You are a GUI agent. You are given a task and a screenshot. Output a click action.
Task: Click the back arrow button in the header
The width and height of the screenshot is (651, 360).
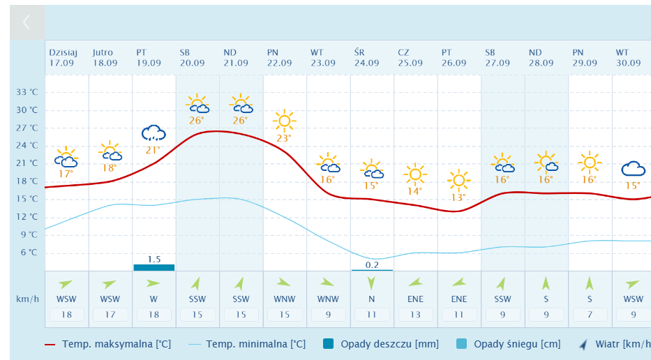click(27, 22)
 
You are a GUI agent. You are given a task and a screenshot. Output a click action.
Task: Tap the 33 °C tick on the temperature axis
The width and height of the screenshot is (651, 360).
click(27, 92)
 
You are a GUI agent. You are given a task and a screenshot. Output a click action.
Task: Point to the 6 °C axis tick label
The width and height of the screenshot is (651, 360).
click(28, 253)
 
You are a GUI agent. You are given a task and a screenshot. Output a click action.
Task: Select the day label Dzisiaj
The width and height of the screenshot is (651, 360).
click(63, 52)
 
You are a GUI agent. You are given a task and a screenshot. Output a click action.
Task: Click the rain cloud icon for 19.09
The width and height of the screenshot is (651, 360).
click(154, 133)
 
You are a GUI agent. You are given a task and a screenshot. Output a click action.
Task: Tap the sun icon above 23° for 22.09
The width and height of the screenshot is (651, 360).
click(284, 121)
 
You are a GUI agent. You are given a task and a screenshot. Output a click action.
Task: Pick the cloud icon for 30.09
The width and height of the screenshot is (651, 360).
click(633, 169)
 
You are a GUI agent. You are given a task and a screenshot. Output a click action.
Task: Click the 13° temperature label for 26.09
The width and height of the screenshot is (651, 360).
click(458, 197)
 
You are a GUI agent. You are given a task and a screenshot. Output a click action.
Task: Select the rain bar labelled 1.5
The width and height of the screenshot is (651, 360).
click(154, 267)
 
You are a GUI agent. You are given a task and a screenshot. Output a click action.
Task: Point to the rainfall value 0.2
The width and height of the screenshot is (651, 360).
click(372, 264)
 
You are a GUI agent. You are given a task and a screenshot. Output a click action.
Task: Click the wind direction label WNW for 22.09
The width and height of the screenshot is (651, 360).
click(284, 299)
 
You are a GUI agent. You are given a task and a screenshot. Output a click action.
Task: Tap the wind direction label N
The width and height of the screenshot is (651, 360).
click(371, 299)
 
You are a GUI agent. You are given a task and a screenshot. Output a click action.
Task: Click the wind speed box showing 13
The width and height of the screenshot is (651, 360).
click(415, 315)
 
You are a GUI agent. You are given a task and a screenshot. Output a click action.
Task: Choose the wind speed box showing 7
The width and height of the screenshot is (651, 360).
click(590, 315)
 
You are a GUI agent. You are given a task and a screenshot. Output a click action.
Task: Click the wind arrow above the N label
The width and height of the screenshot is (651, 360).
click(371, 283)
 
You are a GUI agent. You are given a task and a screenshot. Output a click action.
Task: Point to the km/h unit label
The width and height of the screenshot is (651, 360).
click(27, 299)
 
